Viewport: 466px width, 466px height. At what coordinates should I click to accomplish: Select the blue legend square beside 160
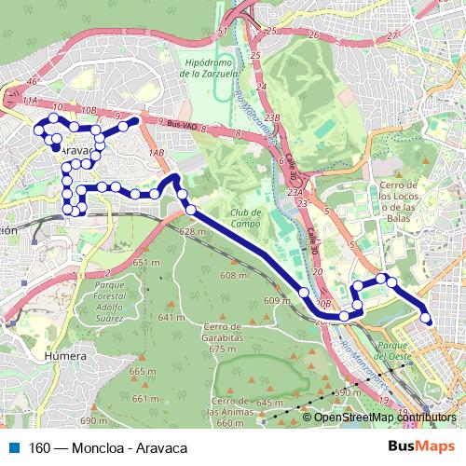12,447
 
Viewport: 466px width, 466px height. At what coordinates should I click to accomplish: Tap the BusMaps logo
416,446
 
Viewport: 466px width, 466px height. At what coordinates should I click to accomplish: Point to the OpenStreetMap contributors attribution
384,418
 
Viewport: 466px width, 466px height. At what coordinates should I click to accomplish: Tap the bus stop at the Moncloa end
426,319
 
